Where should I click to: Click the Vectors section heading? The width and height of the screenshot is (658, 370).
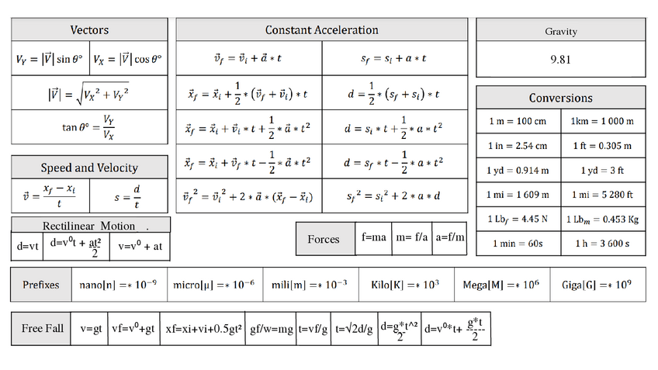point(89,30)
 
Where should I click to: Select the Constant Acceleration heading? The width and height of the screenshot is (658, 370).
point(321,30)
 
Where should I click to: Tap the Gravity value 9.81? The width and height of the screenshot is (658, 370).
point(560,60)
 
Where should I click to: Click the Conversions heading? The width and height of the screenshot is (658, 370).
point(560,98)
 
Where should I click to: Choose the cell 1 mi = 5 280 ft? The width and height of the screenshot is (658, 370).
point(601,194)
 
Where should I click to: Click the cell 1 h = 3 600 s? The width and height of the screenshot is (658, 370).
point(601,244)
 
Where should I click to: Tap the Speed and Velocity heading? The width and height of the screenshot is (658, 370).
point(89,168)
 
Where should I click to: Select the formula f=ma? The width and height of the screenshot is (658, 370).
point(374,238)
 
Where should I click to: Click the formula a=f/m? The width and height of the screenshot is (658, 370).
point(450,238)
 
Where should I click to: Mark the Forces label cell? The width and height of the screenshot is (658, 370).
point(324,239)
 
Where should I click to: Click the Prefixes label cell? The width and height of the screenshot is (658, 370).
point(41,285)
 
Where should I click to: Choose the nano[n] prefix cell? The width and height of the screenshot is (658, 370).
point(119,285)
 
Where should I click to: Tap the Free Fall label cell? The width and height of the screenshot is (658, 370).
point(43,328)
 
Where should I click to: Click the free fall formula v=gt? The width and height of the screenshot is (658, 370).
point(91,328)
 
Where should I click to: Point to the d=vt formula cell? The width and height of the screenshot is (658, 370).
point(26,246)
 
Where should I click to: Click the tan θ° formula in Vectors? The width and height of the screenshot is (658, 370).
point(89,126)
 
